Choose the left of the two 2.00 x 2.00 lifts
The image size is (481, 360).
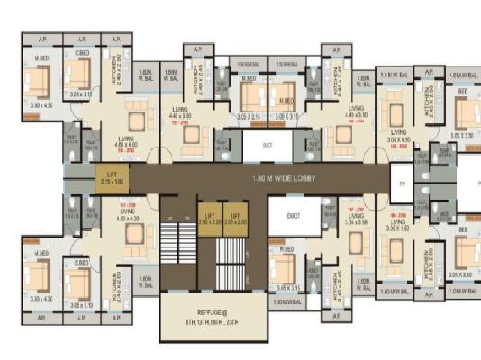(x=209, y=218)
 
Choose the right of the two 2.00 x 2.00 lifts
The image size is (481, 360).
(x=234, y=218)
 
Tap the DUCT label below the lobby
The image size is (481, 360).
(x=293, y=216)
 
